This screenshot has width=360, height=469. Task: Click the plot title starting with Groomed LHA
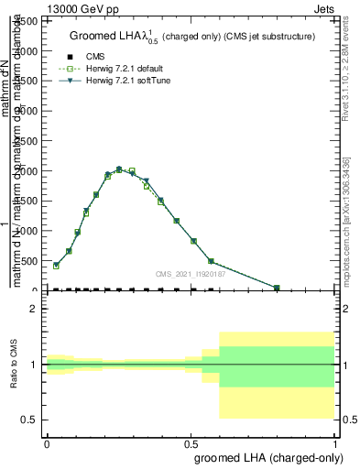point(192,37)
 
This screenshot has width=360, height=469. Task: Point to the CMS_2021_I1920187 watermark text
point(189,273)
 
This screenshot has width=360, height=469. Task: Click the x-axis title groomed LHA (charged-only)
point(266,455)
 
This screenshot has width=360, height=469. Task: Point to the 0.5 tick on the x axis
point(190,441)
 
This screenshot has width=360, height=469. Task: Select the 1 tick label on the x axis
point(335,441)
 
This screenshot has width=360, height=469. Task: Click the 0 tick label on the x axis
point(47,441)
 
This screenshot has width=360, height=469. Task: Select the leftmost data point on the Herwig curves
point(56,266)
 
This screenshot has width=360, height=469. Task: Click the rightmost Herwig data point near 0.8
point(277,288)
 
